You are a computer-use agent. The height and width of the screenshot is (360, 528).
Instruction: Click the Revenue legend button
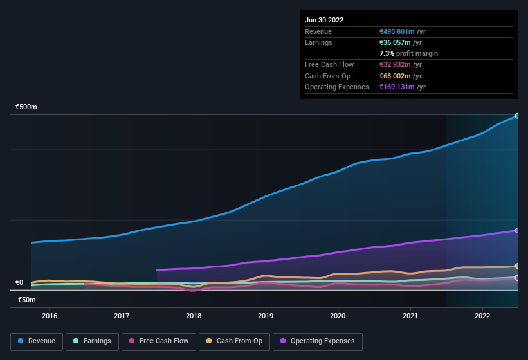tap(37, 341)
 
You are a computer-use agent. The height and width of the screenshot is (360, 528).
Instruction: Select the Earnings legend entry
tap(91, 341)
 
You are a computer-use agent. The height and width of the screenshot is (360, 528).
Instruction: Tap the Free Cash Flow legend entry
tap(158, 341)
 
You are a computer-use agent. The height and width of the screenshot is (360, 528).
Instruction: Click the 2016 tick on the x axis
tap(50, 316)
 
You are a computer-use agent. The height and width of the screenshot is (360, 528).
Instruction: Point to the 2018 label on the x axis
tap(194, 316)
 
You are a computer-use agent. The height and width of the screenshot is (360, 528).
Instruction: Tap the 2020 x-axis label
tap(338, 316)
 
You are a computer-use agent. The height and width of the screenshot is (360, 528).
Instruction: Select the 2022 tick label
tap(482, 316)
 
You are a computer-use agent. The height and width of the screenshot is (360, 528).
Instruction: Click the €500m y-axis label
tap(26, 107)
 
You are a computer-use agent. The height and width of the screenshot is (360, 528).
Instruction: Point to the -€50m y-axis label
tap(26, 300)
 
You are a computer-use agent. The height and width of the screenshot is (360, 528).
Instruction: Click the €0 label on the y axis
tap(19, 282)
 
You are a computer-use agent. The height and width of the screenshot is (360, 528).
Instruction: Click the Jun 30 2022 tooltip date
tap(324, 20)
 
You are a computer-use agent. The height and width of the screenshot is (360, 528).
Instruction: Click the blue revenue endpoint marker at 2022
tap(516, 116)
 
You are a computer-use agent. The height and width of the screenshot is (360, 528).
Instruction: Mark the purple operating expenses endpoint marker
tap(516, 230)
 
